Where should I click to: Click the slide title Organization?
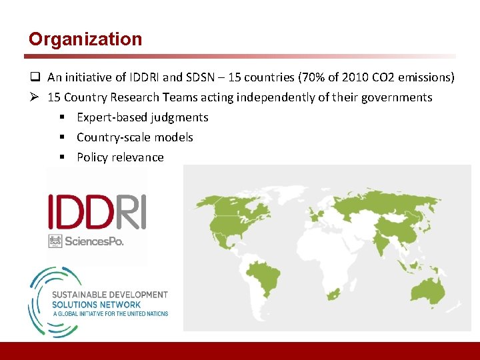[85, 39]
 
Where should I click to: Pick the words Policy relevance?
[120, 157]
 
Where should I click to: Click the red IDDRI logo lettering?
[97, 212]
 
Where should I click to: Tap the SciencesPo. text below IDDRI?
[94, 241]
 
